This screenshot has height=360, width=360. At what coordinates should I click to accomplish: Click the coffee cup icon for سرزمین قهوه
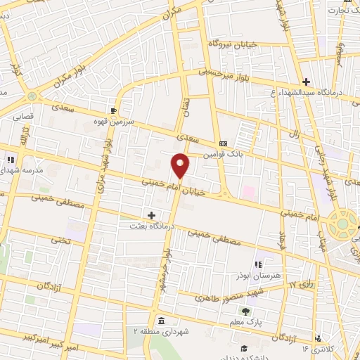point(113,110)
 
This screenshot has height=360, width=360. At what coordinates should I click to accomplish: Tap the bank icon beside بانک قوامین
point(223,140)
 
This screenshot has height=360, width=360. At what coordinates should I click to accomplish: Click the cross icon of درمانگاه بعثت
point(151,214)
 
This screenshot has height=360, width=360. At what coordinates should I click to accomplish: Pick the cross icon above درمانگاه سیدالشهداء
point(306,82)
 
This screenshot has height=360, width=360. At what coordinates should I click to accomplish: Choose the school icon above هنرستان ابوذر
point(258,264)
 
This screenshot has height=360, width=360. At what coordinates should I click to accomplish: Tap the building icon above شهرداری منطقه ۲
point(161,321)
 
